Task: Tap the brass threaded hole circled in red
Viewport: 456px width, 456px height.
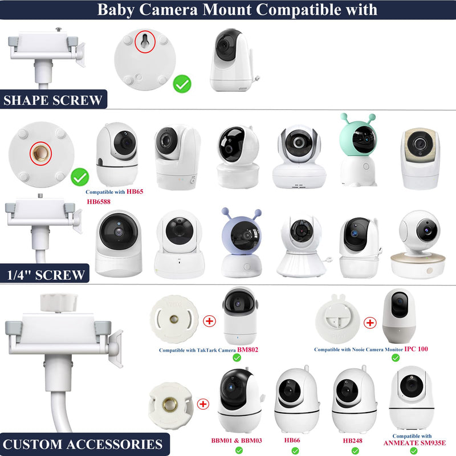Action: (x=40, y=153)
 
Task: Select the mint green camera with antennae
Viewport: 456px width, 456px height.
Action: (x=359, y=149)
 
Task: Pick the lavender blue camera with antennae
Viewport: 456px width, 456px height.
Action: (x=241, y=243)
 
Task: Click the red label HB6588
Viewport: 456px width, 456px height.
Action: (x=99, y=202)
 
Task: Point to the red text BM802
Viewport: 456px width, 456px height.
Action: (x=247, y=349)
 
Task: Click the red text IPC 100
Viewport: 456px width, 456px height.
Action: (x=416, y=349)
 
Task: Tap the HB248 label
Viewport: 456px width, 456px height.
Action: (x=352, y=441)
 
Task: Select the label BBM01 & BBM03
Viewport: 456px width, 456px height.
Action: (x=237, y=441)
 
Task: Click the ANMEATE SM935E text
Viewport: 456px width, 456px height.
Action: (x=414, y=443)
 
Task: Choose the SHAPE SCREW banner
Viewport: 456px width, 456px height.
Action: (x=53, y=99)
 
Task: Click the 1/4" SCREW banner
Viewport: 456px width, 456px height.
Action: (x=44, y=274)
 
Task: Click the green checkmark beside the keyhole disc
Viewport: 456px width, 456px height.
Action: (x=182, y=84)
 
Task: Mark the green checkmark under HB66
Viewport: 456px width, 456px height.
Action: (x=295, y=451)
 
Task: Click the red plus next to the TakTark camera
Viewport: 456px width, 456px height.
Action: (x=209, y=321)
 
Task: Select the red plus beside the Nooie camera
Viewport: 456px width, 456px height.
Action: (x=370, y=323)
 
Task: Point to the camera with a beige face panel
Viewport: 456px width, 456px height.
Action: (x=420, y=158)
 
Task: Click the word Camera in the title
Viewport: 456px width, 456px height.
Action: (x=168, y=10)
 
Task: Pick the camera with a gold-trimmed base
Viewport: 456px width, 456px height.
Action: (x=418, y=244)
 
